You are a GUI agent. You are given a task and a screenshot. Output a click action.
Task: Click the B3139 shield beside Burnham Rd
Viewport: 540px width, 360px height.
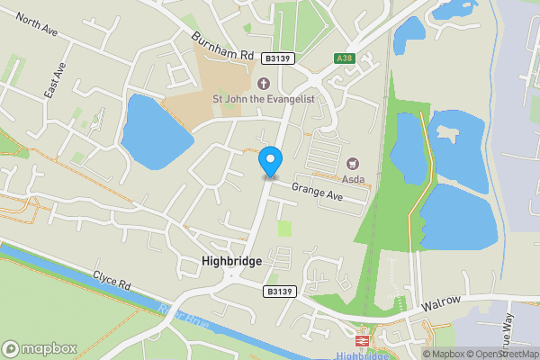276,58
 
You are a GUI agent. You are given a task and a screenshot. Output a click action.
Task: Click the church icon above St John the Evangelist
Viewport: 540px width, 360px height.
263,84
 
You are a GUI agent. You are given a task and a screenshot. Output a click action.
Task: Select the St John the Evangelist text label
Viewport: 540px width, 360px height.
263,99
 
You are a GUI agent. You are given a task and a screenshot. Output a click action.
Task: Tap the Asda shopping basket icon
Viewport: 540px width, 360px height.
353,164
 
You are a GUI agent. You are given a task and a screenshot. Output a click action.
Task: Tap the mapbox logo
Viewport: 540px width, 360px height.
40,348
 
